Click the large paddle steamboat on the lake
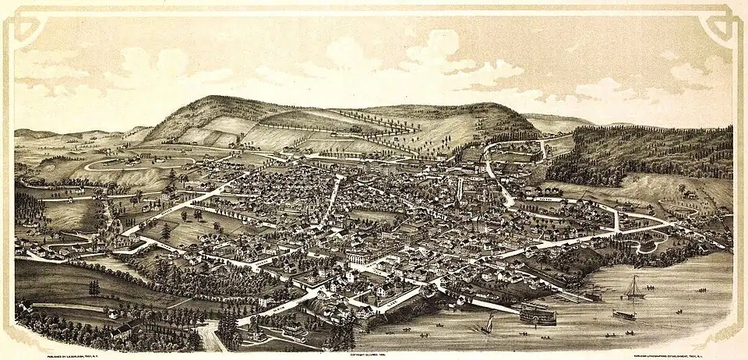click(538, 315)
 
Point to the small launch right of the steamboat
click(623, 315)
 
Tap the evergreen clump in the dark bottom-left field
click(93, 288)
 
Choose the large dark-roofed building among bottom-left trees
click(121, 330)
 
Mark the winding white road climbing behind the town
click(491, 168)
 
